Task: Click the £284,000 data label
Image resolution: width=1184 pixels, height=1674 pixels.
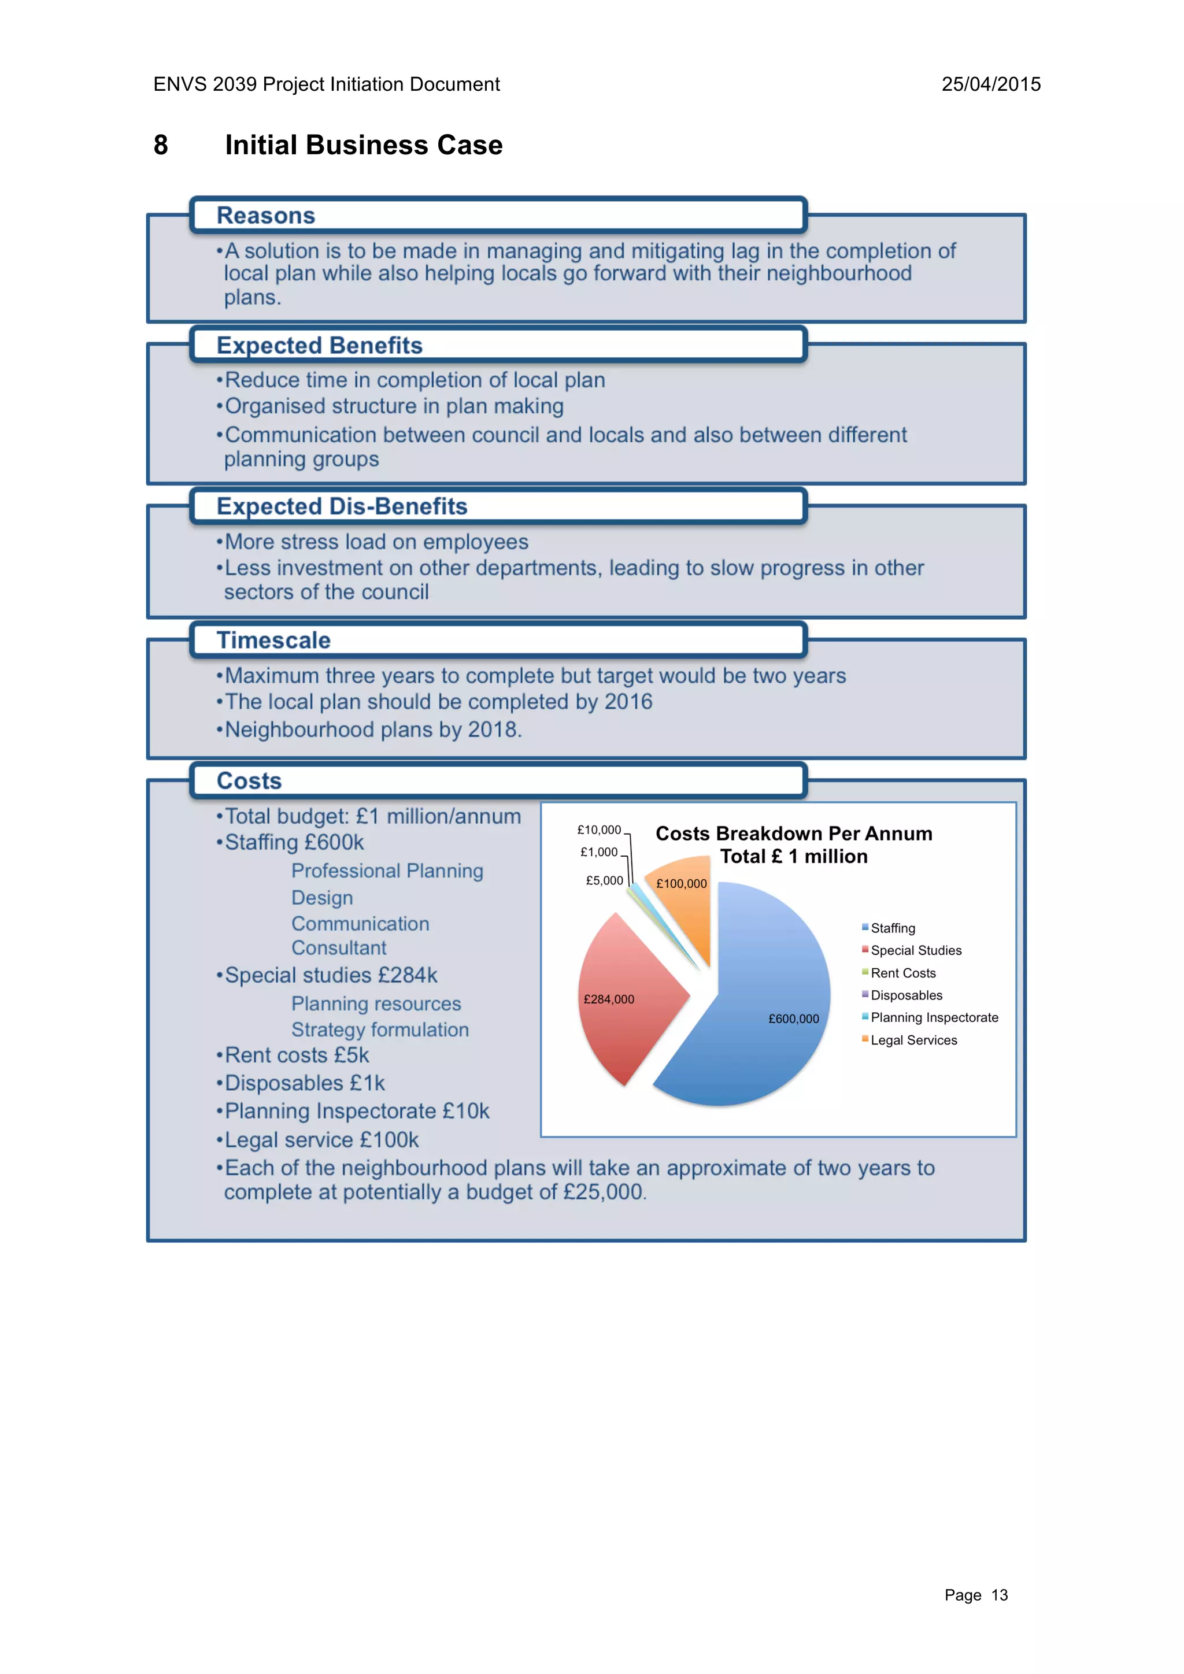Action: click(x=609, y=999)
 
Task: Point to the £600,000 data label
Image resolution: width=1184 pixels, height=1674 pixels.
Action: click(x=793, y=1019)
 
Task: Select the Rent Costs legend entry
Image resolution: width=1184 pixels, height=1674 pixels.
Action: click(x=902, y=973)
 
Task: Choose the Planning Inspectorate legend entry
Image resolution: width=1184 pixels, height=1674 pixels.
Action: click(x=934, y=1018)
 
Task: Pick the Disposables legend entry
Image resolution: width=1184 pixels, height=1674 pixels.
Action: click(x=906, y=995)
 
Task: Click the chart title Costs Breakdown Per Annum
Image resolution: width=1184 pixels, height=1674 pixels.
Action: click(x=794, y=834)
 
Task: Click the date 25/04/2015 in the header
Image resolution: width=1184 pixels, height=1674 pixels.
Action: click(x=991, y=84)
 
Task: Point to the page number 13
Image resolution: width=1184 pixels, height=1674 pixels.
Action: click(x=999, y=1595)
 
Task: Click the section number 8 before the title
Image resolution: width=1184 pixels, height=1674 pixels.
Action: click(x=161, y=145)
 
